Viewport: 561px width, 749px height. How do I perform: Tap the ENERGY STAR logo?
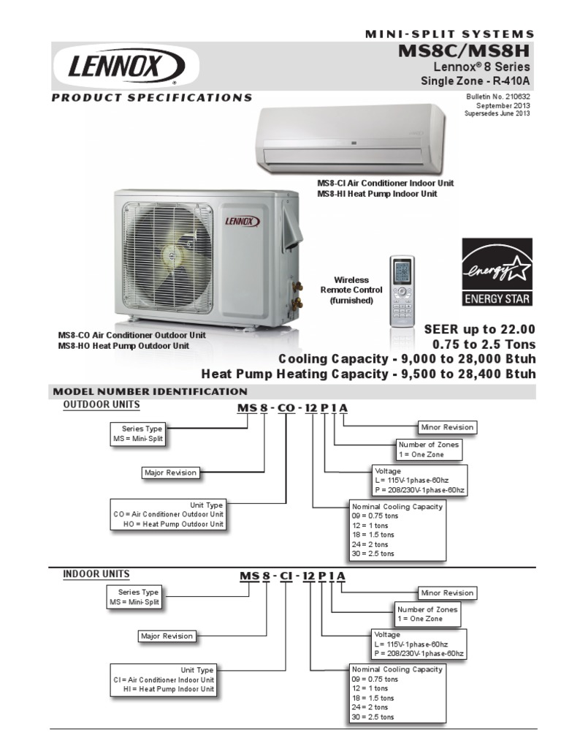click(497, 272)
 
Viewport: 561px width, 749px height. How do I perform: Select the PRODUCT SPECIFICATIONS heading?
click(152, 97)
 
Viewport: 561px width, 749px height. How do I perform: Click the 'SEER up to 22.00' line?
click(479, 329)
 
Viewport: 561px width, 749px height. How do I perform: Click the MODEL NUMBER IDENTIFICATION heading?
click(153, 391)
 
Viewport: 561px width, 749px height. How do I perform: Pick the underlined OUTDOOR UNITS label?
click(102, 404)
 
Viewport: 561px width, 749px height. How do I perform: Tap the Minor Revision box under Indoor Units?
click(447, 592)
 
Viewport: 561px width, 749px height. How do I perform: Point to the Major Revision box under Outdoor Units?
click(171, 473)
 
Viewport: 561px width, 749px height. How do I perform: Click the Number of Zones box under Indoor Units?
click(428, 614)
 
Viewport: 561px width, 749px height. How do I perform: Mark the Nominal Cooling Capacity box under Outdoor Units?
click(397, 530)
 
